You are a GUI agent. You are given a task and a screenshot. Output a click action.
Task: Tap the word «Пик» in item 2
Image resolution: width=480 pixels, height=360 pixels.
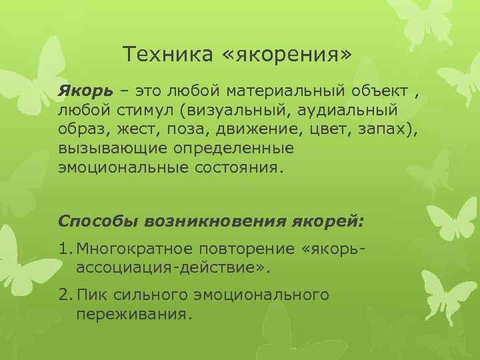(x=91, y=294)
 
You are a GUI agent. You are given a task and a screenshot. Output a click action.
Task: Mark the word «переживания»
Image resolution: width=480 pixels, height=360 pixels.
(x=133, y=312)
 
